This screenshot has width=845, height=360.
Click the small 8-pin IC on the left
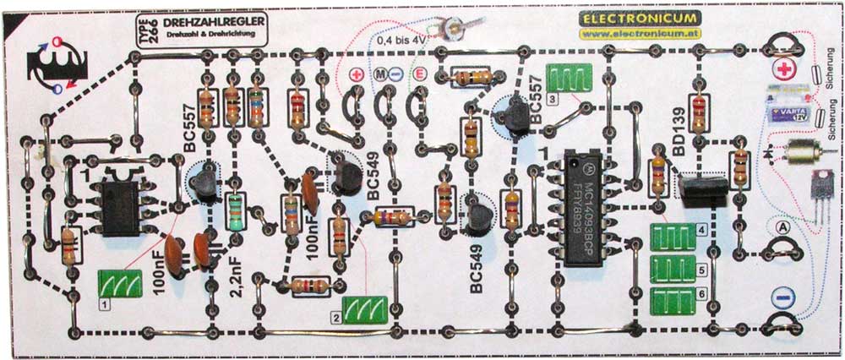coord(121,205)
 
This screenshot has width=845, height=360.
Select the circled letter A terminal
coord(781,226)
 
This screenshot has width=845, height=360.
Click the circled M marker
coord(383,74)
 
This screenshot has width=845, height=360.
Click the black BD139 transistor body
coord(701,188)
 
